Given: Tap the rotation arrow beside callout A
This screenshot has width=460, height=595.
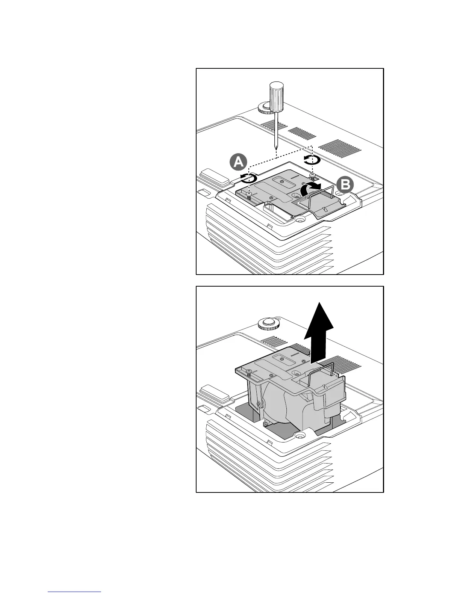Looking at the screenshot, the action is point(249,178).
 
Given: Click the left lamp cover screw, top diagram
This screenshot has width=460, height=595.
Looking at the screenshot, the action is point(249,193).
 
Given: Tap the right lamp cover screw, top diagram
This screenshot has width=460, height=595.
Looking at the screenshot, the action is point(312,175).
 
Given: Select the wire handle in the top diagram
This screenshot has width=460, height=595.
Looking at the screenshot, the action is point(321,195).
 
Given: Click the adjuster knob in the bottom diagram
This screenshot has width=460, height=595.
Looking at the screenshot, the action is point(268,324).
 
